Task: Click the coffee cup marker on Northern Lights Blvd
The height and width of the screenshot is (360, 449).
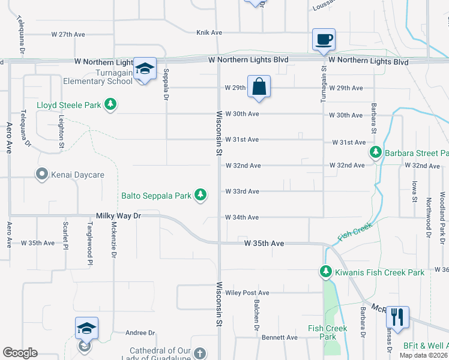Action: (324, 40)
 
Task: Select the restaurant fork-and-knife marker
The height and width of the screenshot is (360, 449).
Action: (397, 316)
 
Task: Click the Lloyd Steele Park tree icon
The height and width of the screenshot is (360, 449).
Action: (110, 105)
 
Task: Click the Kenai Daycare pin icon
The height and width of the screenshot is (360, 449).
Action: (41, 175)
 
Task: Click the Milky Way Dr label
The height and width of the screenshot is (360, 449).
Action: (118, 215)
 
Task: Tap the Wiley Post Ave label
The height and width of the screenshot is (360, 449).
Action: (247, 293)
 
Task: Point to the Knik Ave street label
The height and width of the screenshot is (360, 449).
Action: (209, 32)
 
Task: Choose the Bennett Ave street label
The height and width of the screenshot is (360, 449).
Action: (283, 338)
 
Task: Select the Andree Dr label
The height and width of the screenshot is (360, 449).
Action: (140, 332)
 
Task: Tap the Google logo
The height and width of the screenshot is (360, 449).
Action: (20, 353)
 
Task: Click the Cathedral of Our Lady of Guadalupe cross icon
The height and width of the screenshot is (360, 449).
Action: (200, 353)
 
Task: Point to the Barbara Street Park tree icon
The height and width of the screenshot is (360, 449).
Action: (376, 152)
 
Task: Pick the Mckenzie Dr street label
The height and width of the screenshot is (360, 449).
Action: (113, 241)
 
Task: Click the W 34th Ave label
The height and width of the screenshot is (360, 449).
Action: (242, 217)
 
